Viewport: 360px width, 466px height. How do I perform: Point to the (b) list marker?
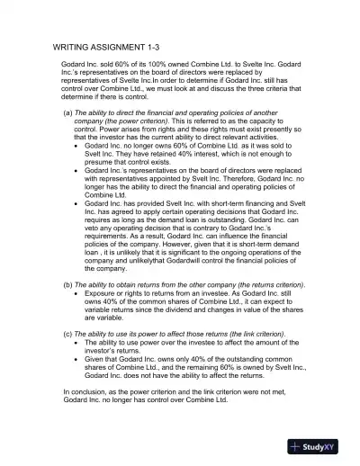[67, 285]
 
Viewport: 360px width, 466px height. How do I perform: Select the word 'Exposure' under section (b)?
[103, 293]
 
